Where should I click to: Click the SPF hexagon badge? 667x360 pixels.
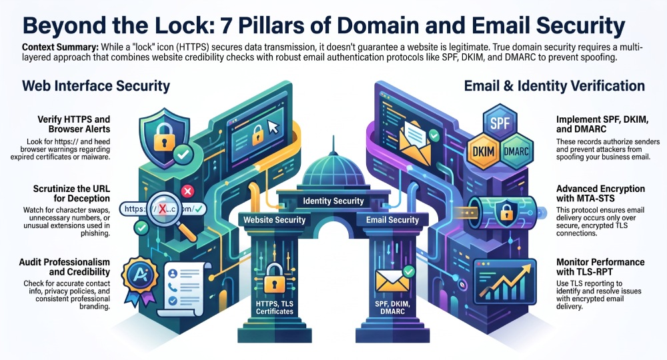click(500, 124)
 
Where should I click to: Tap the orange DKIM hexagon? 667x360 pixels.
click(484, 151)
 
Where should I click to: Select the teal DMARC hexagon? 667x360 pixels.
click(516, 151)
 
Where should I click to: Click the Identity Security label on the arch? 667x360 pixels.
click(333, 201)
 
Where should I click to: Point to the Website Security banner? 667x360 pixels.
click(274, 220)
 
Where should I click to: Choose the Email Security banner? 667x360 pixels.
click(393, 220)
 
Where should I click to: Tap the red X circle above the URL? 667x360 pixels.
click(187, 191)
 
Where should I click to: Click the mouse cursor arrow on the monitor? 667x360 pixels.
click(273, 127)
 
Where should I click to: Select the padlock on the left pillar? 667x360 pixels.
click(274, 279)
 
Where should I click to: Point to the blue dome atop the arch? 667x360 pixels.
click(333, 169)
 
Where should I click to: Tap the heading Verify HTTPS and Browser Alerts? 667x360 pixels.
click(73, 124)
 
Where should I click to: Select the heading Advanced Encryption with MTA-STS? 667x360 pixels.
click(600, 193)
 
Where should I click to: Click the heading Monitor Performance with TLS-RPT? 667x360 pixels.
click(600, 267)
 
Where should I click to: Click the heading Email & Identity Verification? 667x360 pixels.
click(554, 86)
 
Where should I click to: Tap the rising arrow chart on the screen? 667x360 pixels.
click(506, 282)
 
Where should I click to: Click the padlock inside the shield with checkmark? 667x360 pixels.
click(164, 137)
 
